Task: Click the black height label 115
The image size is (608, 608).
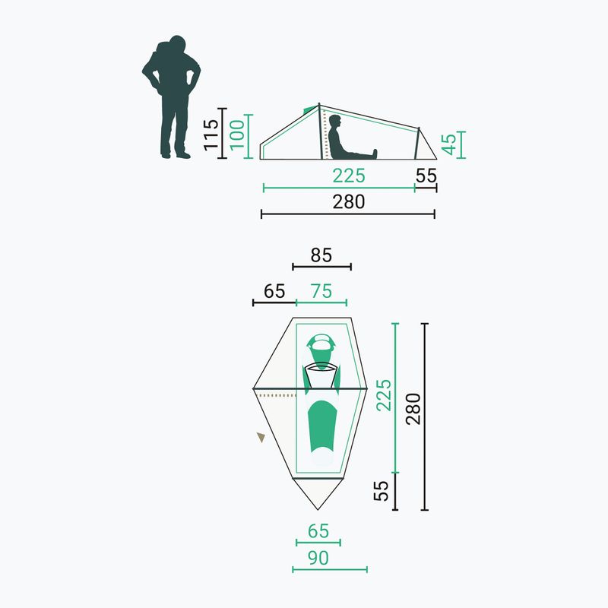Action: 211,135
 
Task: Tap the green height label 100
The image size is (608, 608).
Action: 237,135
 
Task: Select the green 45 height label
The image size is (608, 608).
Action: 449,144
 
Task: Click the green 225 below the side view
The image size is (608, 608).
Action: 349,176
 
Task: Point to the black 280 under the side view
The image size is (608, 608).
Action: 349,201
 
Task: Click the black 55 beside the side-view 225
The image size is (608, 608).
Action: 426,176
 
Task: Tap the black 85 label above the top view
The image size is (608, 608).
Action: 321,255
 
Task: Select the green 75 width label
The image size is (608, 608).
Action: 321,291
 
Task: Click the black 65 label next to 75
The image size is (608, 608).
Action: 274,291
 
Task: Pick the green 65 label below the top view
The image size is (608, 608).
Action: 318,531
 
